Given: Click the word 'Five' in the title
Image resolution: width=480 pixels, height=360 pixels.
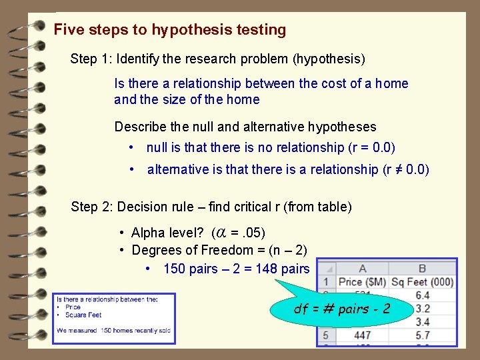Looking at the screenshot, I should pos(67,30).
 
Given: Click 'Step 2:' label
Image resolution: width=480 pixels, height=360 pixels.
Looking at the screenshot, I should pos(91,207).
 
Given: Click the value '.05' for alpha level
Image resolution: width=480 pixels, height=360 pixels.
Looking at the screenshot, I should pos(254,232).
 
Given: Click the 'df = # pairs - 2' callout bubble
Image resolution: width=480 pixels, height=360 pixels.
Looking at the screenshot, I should pos(342,309).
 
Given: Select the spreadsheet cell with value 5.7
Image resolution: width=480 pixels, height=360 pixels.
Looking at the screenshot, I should pos(422,334).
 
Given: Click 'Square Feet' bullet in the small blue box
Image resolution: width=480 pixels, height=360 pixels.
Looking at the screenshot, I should pos(83,315).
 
